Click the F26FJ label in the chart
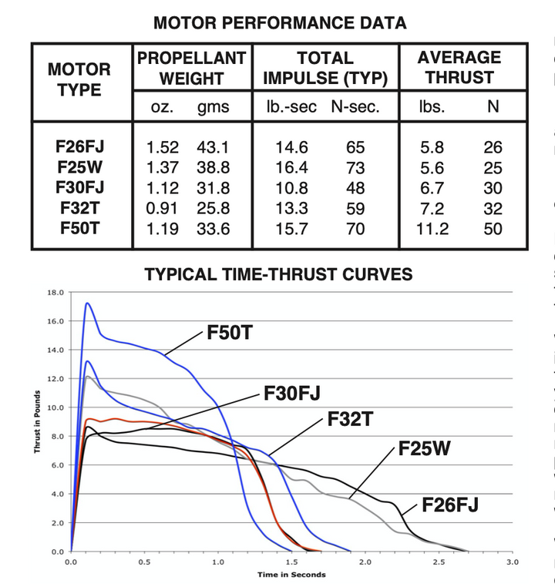pos(450,505)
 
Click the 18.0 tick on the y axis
pos(55,293)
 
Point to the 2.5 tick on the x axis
pos(438,562)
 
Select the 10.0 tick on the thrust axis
pos(55,408)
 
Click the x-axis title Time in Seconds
pos(291,575)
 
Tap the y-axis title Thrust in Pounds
pos(36,421)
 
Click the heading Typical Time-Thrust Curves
pos(278,274)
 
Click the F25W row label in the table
pos(79,167)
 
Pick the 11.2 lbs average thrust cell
pos(432,229)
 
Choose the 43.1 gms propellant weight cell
pos(213,147)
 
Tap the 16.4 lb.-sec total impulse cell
pos(285,167)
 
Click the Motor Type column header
pos(79,79)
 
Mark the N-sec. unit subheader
pos(355,106)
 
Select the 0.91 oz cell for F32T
pos(163,209)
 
